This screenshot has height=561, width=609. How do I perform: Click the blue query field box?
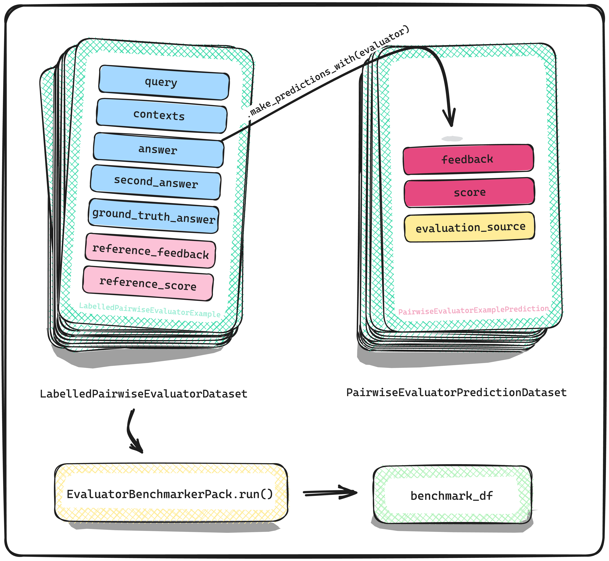164,83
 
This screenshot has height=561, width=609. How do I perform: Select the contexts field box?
162,116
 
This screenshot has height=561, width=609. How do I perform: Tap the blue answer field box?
159,150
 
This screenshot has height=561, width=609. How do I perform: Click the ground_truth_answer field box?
154,216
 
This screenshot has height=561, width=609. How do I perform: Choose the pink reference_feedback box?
151,251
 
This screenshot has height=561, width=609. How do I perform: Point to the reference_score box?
148,283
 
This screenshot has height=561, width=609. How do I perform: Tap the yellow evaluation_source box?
469,227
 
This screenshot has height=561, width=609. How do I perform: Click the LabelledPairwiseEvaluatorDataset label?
144,394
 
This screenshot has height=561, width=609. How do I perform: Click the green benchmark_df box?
452,496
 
